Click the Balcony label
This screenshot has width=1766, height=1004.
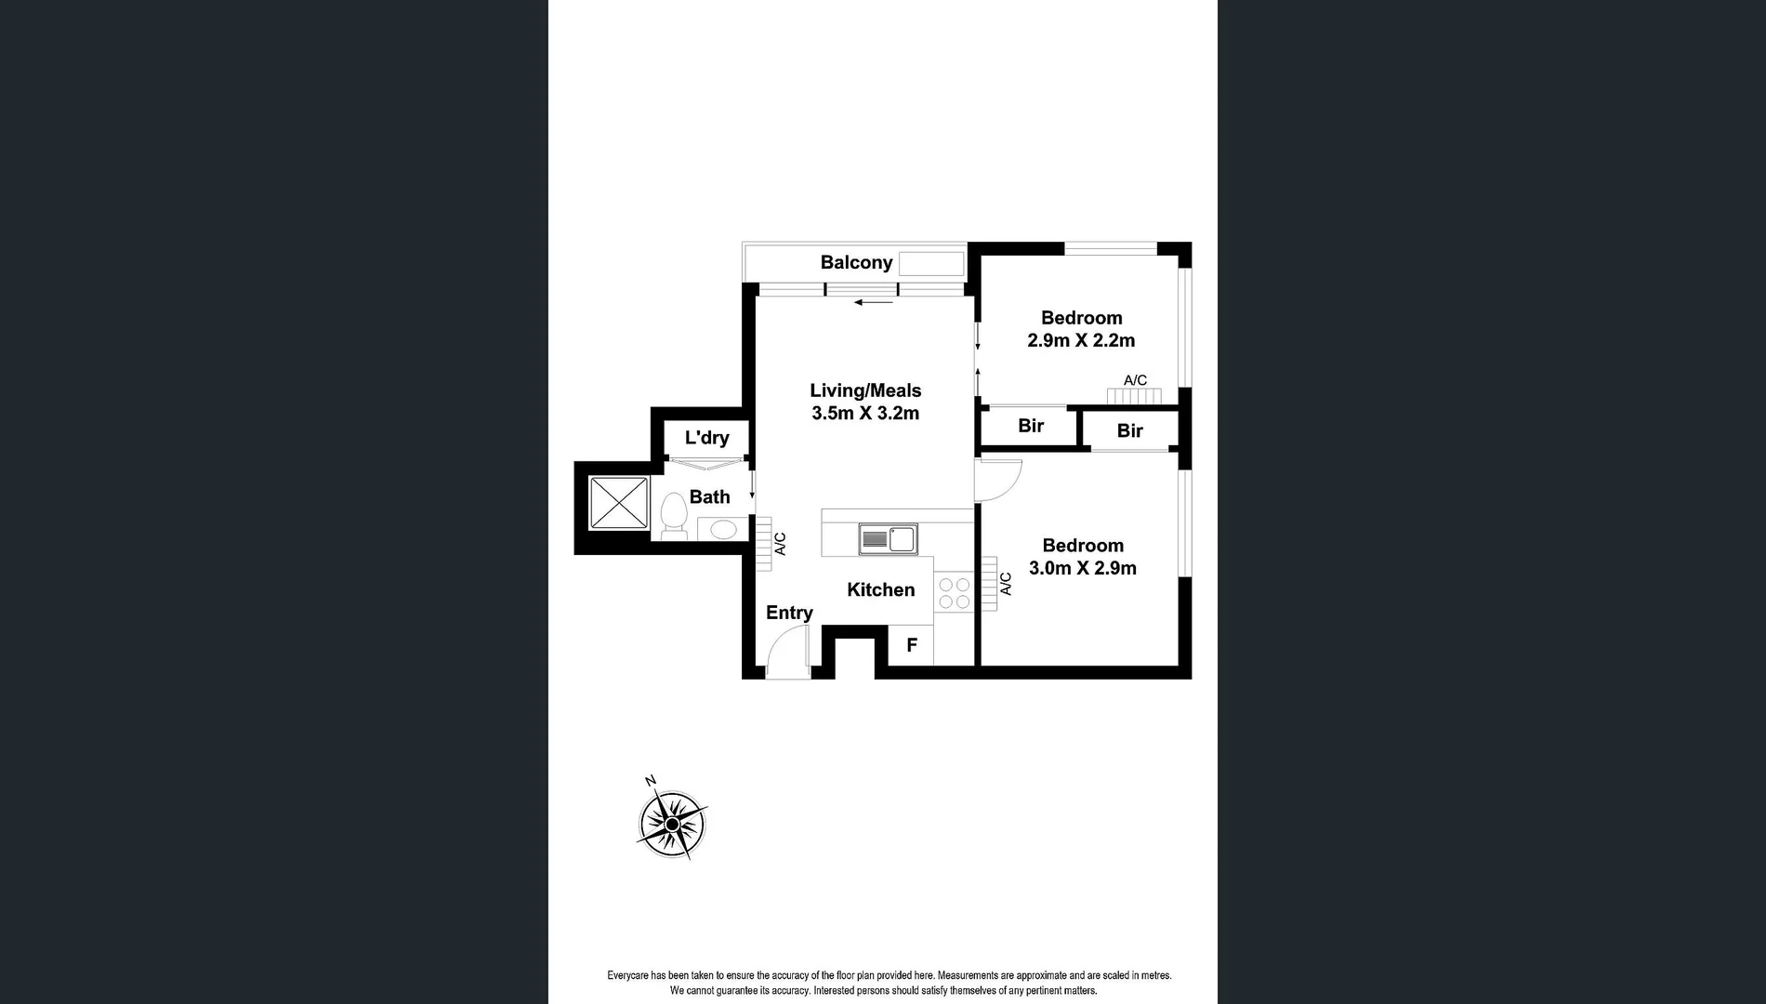(856, 263)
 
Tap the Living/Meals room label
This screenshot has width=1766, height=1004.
(865, 391)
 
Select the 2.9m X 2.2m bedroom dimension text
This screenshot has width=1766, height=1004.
(1081, 341)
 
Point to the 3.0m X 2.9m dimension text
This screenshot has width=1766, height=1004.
(1083, 569)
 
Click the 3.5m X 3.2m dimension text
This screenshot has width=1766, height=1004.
(865, 414)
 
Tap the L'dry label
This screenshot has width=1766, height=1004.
(706, 438)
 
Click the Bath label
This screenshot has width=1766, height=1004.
(709, 497)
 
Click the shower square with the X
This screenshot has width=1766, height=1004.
(619, 502)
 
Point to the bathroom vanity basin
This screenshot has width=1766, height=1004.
(722, 530)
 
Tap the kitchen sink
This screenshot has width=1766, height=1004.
(889, 539)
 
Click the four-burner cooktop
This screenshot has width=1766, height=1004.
(954, 593)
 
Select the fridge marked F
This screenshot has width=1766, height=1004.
(912, 645)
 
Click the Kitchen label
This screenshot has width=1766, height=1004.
(880, 590)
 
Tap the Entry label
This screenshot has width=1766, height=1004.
(789, 614)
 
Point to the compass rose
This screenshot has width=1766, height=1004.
(672, 824)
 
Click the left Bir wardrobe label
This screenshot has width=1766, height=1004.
(1031, 427)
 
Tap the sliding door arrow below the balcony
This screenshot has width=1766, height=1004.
(874, 302)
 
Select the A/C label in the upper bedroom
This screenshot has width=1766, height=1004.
(1135, 380)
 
